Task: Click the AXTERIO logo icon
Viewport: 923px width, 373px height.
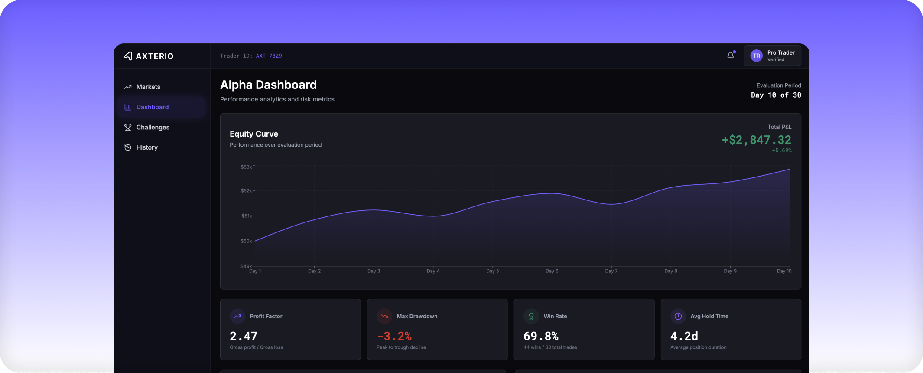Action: (128, 56)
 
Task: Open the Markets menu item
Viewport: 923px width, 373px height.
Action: (148, 87)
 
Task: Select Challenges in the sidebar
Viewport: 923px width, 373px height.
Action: (153, 127)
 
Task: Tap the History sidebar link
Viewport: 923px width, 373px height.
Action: (146, 147)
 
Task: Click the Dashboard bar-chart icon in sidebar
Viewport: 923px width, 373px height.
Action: (128, 107)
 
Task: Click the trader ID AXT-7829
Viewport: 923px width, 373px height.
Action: (269, 56)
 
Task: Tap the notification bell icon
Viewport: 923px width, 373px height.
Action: (731, 56)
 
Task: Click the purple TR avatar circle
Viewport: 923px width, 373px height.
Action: (756, 56)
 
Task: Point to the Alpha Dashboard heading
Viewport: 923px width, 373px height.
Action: (268, 85)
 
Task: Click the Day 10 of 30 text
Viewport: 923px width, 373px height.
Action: (776, 95)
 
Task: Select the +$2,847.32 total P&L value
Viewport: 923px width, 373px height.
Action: (756, 140)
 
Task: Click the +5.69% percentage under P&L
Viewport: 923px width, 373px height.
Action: (781, 151)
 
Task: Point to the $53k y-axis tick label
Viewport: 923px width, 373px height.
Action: (246, 167)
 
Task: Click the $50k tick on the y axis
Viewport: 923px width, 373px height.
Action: (246, 241)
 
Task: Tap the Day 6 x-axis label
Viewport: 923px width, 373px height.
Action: (552, 271)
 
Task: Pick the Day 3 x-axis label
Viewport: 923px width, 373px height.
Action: (374, 271)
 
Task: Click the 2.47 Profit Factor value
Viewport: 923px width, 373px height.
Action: (244, 336)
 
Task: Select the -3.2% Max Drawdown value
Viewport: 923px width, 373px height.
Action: (394, 336)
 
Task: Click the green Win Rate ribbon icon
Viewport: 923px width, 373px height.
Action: (531, 316)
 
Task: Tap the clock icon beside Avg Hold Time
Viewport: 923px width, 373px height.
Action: (678, 316)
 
